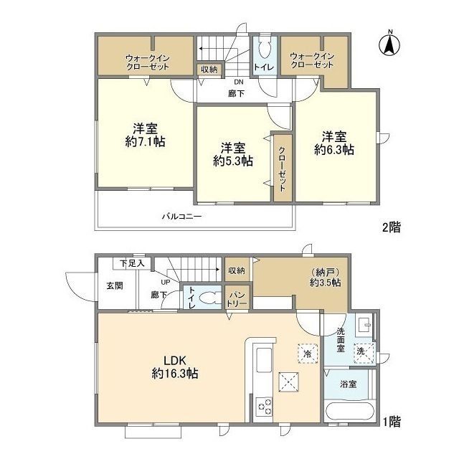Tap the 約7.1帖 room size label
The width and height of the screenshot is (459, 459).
click(145, 142)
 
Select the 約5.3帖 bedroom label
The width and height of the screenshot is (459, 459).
click(233, 161)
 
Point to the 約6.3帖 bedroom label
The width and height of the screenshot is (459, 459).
click(334, 150)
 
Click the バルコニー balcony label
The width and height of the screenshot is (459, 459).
click(182, 217)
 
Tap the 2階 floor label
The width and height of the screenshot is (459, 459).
click(392, 227)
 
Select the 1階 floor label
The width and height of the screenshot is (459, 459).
click(392, 422)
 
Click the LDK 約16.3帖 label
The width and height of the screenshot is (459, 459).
click(175, 366)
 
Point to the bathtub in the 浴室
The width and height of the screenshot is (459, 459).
click(349, 412)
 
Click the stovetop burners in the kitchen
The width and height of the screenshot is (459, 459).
click(264, 407)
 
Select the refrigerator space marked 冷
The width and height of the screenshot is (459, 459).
click(308, 354)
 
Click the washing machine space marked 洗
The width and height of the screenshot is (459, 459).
click(364, 354)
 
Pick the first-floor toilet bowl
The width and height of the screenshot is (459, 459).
click(209, 298)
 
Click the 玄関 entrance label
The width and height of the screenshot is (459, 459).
click(115, 285)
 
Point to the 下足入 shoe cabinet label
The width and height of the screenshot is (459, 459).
click(132, 263)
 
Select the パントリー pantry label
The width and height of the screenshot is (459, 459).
click(237, 299)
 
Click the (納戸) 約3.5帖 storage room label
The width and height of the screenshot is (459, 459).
click(325, 278)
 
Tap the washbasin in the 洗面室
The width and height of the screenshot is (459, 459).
click(364, 325)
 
